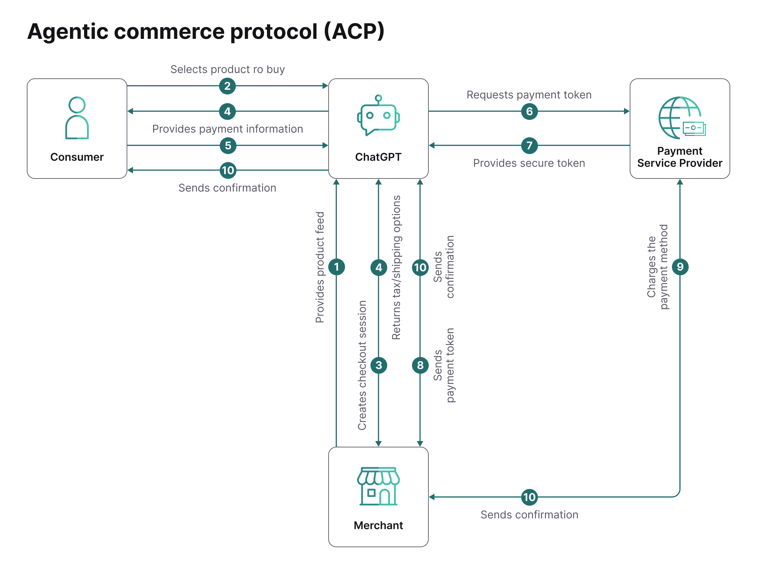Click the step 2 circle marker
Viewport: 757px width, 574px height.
(x=227, y=86)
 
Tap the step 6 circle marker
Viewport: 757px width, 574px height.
(x=529, y=111)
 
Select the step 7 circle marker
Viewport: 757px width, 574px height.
(x=529, y=145)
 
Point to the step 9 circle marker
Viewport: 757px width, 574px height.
(x=680, y=267)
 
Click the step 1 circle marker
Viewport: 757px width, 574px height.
(x=336, y=267)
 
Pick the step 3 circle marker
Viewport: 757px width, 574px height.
(x=378, y=365)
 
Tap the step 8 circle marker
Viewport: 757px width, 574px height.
(x=420, y=365)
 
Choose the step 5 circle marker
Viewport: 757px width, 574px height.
(x=228, y=145)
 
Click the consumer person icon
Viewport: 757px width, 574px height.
(x=77, y=118)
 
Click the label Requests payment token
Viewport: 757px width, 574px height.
(x=529, y=95)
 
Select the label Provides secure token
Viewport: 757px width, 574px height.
(x=529, y=163)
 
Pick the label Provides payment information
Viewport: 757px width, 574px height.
(x=227, y=129)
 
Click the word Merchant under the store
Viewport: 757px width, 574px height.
(x=378, y=525)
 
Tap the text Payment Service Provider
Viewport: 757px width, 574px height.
(x=680, y=157)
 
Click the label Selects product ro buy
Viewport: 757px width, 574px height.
(x=227, y=69)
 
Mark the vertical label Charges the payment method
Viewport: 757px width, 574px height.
(x=658, y=267)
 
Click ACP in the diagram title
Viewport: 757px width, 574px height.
(x=354, y=31)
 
